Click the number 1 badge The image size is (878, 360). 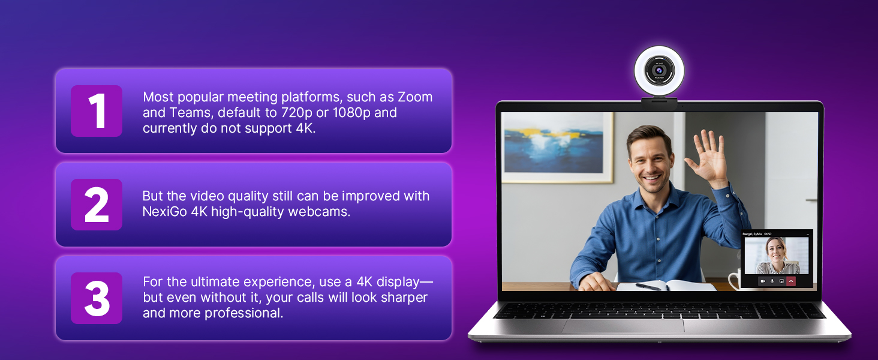pos(97,110)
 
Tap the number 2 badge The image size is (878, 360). pos(97,205)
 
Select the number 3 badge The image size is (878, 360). pos(97,298)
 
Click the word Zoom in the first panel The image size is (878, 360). pos(416,97)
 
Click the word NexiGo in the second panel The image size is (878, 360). pos(164,212)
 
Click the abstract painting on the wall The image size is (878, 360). pos(558,147)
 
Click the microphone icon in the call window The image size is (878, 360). pos(772,281)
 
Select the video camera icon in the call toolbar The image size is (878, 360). pos(763,281)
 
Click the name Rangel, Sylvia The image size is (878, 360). pos(752,234)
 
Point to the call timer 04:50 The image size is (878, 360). pos(768,234)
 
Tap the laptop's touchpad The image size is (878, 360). pos(623,326)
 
